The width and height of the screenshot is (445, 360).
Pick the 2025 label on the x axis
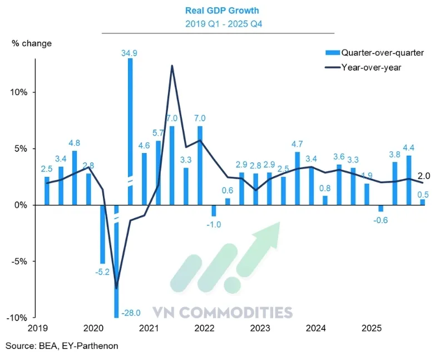pyautogui.click(x=370, y=329)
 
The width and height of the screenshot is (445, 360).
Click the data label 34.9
pyautogui.click(x=130, y=53)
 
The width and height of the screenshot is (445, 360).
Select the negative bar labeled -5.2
pyautogui.click(x=102, y=234)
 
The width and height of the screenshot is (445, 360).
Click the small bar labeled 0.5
pyautogui.click(x=422, y=203)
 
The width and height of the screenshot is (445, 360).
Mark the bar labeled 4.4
pyautogui.click(x=408, y=180)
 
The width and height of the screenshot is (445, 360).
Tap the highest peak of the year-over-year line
pyautogui.click(x=172, y=66)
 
